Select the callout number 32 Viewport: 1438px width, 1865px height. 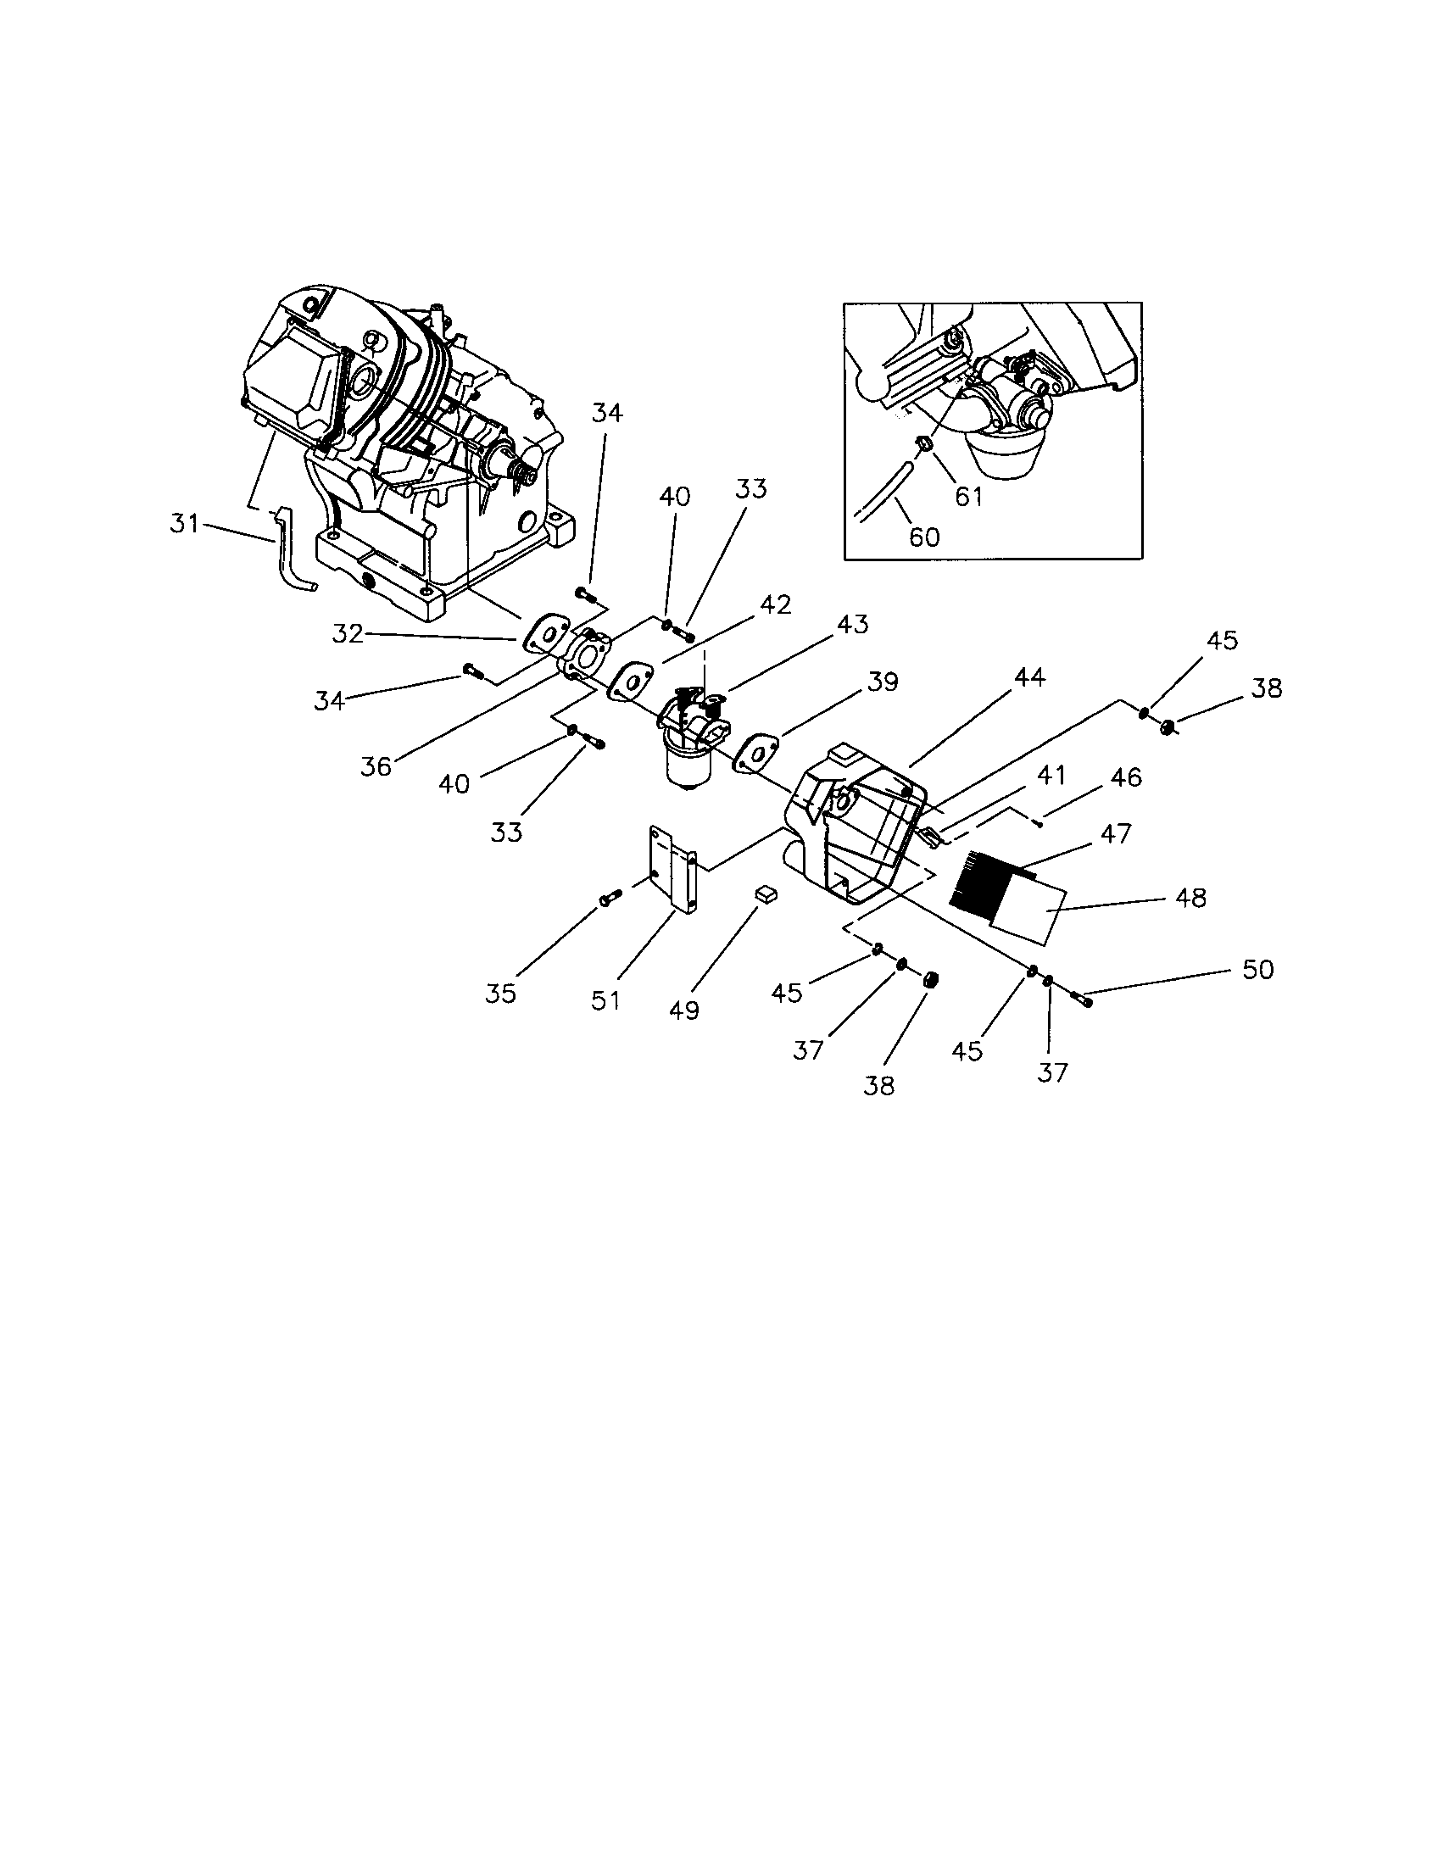point(348,634)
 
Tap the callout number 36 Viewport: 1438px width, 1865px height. point(376,766)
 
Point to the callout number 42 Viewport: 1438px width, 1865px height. point(775,604)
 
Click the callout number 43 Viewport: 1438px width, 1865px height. point(852,624)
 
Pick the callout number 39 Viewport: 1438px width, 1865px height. point(882,682)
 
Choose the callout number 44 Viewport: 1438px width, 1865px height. point(1029,677)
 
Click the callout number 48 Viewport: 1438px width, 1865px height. point(1190,898)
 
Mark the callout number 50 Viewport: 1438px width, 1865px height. point(1257,969)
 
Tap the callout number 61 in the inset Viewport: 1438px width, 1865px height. point(969,496)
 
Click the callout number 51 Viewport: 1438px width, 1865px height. point(605,1000)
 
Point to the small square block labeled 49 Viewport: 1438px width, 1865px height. point(766,894)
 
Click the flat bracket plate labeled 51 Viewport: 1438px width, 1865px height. point(673,869)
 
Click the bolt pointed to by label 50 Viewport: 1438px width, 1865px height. point(1080,997)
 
